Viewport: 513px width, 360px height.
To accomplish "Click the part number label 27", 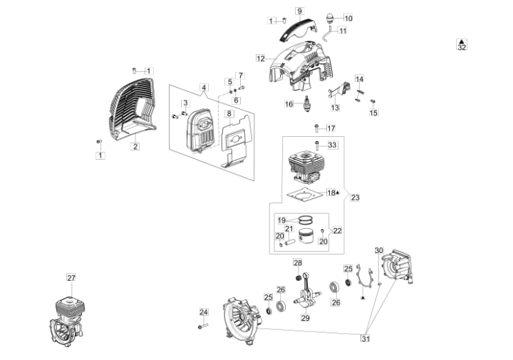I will pyautogui.click(x=71, y=277).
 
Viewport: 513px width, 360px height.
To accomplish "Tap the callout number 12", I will pyautogui.click(x=261, y=58).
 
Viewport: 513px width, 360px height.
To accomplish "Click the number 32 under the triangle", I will pyautogui.click(x=462, y=48).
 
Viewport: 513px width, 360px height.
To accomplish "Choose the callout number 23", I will pyautogui.click(x=356, y=197).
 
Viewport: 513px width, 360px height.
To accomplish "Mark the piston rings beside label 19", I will pyautogui.click(x=307, y=220).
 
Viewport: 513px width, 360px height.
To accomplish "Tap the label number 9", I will pyautogui.click(x=299, y=11).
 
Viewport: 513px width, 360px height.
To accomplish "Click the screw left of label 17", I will pyautogui.click(x=316, y=129).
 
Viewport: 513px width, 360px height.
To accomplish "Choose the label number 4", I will pyautogui.click(x=204, y=88).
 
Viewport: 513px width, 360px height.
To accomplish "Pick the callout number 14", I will pyautogui.click(x=360, y=78).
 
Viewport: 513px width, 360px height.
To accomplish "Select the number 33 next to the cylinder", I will pyautogui.click(x=332, y=145).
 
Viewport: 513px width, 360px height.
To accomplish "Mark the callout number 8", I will pyautogui.click(x=229, y=113).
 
